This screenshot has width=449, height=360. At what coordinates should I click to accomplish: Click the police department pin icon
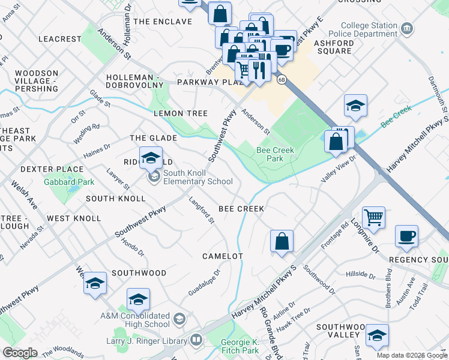click(407, 28)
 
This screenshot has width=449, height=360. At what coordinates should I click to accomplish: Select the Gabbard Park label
click(69, 181)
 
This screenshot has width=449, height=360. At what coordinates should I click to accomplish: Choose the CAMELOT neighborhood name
click(222, 256)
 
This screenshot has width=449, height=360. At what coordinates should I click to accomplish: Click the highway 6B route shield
click(281, 79)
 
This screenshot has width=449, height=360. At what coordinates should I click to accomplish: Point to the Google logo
click(20, 353)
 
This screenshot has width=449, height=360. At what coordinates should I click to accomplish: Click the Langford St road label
click(202, 211)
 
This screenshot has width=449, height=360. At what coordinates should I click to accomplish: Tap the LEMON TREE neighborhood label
click(181, 113)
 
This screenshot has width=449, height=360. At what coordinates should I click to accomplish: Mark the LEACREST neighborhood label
click(59, 39)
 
